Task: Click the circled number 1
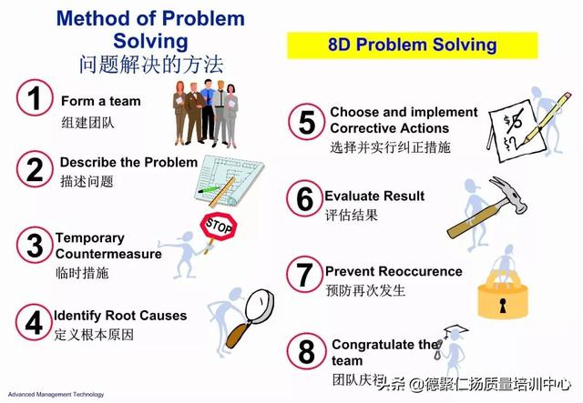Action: pos(35,97)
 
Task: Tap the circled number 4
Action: pos(34,322)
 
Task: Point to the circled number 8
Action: pos(306,351)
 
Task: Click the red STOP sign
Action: pos(219,226)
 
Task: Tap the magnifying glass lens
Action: pos(259,307)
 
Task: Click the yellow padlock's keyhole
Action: pos(503,305)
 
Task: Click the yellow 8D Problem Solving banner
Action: pos(413,45)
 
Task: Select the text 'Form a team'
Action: pos(101,101)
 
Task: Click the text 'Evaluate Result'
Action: pos(374,196)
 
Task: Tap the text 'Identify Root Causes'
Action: pos(120,316)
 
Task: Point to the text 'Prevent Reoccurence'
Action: pos(394,271)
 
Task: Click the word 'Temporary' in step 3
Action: pos(89,238)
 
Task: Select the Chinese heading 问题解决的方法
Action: pos(151,65)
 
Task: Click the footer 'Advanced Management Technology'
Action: pos(56,395)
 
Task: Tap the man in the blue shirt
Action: pos(209,111)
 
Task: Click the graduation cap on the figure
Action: pos(455,330)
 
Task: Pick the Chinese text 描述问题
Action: pos(87,181)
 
